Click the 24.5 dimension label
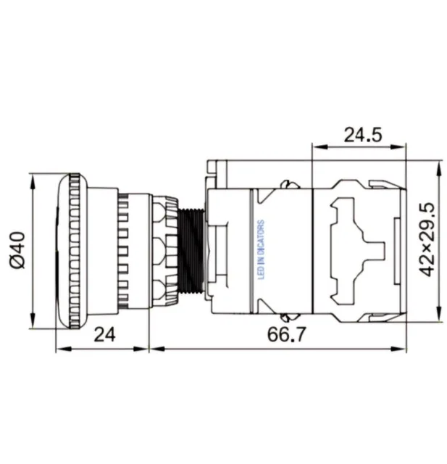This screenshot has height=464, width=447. tap(363, 135)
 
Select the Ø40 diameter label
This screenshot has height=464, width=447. tap(17, 250)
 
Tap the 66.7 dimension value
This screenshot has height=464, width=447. tap(286, 334)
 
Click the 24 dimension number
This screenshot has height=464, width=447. tap(104, 335)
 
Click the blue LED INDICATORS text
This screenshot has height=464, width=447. tap(261, 249)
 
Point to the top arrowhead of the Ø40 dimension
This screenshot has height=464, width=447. tap(32, 181)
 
